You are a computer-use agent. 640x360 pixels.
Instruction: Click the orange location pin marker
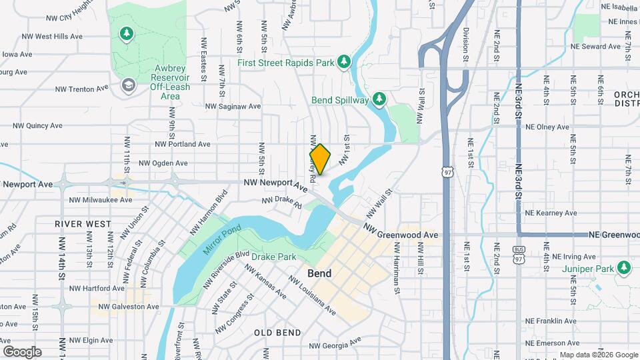tap(321, 159)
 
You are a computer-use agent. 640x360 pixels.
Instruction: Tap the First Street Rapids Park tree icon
tap(344, 62)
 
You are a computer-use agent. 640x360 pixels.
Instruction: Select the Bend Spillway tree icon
tap(379, 99)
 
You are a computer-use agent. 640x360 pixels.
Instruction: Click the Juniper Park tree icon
tap(624, 267)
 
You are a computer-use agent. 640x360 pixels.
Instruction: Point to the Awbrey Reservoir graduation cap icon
tap(128, 85)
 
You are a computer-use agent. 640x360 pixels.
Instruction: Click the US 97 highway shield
tap(445, 171)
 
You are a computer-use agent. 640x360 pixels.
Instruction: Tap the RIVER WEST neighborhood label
tap(83, 224)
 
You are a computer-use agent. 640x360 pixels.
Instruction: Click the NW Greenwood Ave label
tap(401, 231)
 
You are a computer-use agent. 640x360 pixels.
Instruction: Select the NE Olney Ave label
tap(547, 127)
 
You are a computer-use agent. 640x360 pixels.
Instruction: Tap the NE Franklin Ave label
tap(550, 321)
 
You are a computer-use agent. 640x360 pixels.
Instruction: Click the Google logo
tap(22, 351)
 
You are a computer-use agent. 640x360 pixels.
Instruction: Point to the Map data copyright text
tap(598, 355)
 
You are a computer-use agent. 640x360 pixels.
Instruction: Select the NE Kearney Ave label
tap(550, 213)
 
